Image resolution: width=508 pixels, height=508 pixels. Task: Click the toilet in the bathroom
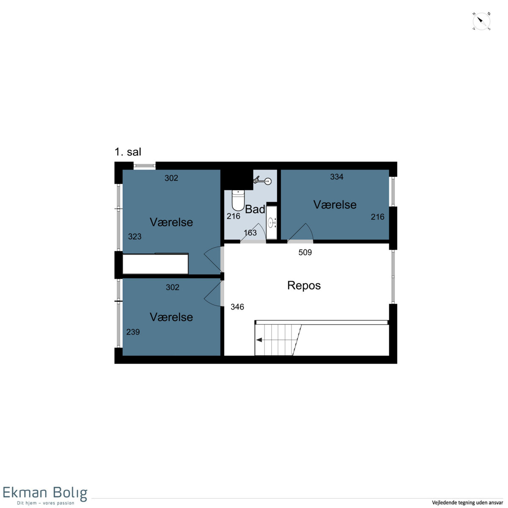238,200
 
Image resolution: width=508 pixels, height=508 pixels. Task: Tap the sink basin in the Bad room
271,223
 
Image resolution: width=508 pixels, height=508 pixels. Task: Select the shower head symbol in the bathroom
262,181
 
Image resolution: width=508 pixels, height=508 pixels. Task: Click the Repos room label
304,285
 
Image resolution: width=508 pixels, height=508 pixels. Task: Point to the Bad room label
255,209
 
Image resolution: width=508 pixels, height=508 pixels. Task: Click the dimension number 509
305,252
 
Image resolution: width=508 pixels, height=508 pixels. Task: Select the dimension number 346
237,306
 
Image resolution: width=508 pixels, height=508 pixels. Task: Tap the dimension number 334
337,177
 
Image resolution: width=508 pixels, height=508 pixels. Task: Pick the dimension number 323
135,237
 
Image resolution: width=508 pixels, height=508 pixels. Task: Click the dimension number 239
133,331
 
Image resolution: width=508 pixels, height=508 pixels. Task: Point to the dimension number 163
250,233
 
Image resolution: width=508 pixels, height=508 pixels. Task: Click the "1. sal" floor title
128,152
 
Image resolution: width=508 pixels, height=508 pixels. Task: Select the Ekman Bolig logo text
45,493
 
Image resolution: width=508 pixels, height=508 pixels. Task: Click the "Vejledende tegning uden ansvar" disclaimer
467,503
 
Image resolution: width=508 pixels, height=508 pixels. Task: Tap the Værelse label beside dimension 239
171,317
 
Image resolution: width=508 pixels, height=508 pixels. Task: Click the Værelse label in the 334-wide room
335,204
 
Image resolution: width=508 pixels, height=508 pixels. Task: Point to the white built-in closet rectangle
155,264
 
